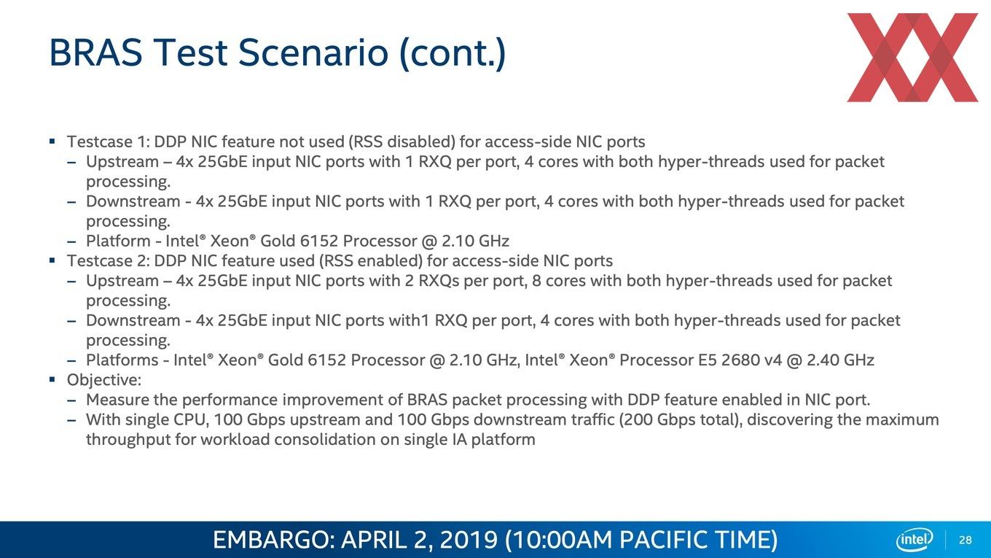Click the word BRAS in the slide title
click(x=96, y=53)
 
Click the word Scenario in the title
click(x=313, y=53)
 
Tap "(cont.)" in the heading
click(x=452, y=53)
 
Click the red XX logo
click(x=912, y=58)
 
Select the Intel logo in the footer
click(x=914, y=540)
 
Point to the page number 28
click(x=965, y=540)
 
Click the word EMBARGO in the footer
click(x=274, y=540)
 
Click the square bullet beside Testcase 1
click(x=52, y=142)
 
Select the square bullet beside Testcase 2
click(x=52, y=260)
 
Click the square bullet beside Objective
click(x=52, y=379)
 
